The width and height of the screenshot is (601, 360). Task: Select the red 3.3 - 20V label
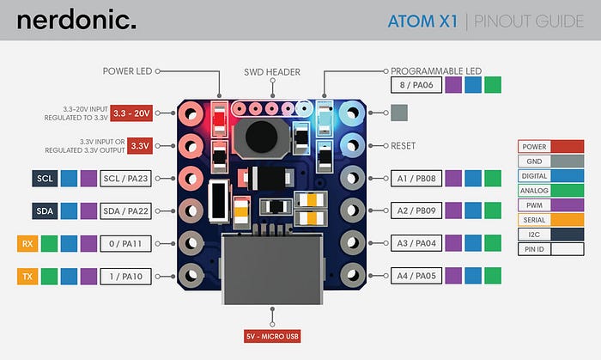pyautogui.click(x=132, y=113)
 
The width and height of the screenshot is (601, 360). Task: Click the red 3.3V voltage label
pyautogui.click(x=141, y=145)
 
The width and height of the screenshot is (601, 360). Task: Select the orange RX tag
pyautogui.click(x=26, y=243)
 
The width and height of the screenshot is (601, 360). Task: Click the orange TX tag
pyautogui.click(x=26, y=276)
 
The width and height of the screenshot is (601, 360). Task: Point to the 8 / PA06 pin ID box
pyautogui.click(x=416, y=84)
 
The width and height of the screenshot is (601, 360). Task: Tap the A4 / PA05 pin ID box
pyautogui.click(x=416, y=276)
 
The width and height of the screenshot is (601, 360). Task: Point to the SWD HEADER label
pyautogui.click(x=272, y=72)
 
